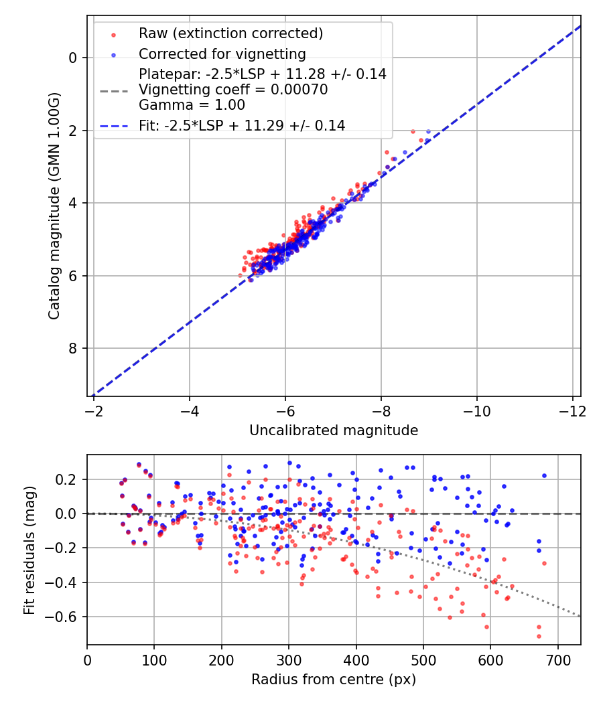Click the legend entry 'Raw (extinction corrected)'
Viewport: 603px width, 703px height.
click(230, 33)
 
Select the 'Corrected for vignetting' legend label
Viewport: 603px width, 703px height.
click(222, 54)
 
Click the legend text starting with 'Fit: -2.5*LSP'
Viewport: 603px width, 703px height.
click(242, 125)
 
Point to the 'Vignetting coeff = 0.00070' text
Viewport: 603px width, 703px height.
click(233, 90)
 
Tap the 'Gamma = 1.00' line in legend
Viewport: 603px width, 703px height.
click(192, 105)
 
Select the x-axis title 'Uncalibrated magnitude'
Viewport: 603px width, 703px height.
click(334, 431)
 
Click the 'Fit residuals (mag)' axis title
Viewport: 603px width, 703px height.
click(29, 550)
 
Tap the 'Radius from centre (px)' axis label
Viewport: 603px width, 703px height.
click(334, 680)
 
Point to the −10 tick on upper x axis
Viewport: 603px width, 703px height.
click(476, 409)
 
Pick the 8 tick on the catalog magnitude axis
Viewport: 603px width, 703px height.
click(73, 348)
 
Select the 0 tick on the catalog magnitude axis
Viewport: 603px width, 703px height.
click(73, 58)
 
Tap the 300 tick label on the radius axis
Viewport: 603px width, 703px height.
click(289, 659)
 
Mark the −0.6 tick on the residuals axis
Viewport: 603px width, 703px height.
click(66, 617)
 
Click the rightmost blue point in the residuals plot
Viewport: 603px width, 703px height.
click(544, 475)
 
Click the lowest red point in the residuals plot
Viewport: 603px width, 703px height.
click(538, 636)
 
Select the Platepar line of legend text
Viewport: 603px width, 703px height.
click(263, 74)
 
